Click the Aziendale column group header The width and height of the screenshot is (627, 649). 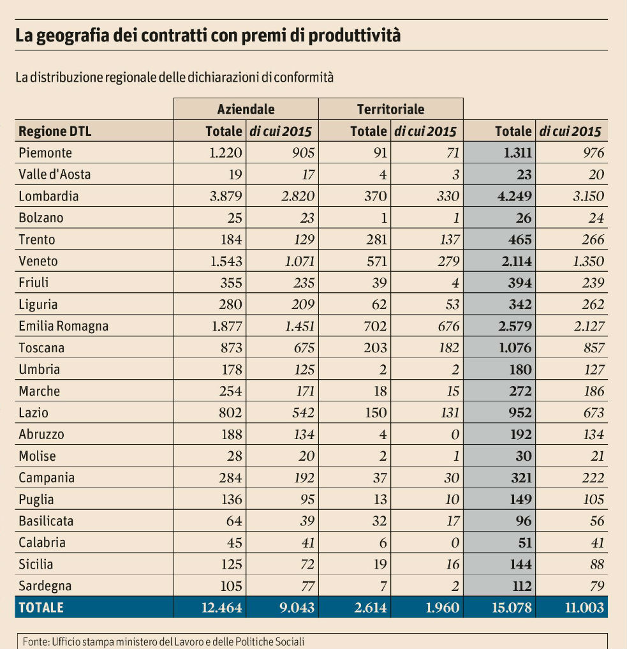coord(246,109)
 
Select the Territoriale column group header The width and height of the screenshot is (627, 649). coord(390,109)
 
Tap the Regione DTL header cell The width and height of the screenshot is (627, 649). coord(55,131)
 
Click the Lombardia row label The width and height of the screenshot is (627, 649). coord(48,196)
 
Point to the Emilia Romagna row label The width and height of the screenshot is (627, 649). coord(64,326)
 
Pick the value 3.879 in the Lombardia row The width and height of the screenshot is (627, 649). coord(226,196)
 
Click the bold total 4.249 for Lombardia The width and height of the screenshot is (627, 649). coord(514,196)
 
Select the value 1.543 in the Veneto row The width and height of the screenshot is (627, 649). coord(226,261)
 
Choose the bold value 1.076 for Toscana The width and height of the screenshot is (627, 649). coord(514,348)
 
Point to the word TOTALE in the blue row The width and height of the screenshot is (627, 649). coord(41,608)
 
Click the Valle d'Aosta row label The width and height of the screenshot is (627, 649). coord(50,174)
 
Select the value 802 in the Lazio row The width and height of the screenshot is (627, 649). coord(230,413)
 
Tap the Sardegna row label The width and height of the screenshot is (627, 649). coord(45,586)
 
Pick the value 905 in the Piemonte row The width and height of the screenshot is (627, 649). coord(299,153)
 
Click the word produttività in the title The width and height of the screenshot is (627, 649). coord(357,35)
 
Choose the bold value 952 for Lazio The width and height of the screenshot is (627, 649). coord(519,413)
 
